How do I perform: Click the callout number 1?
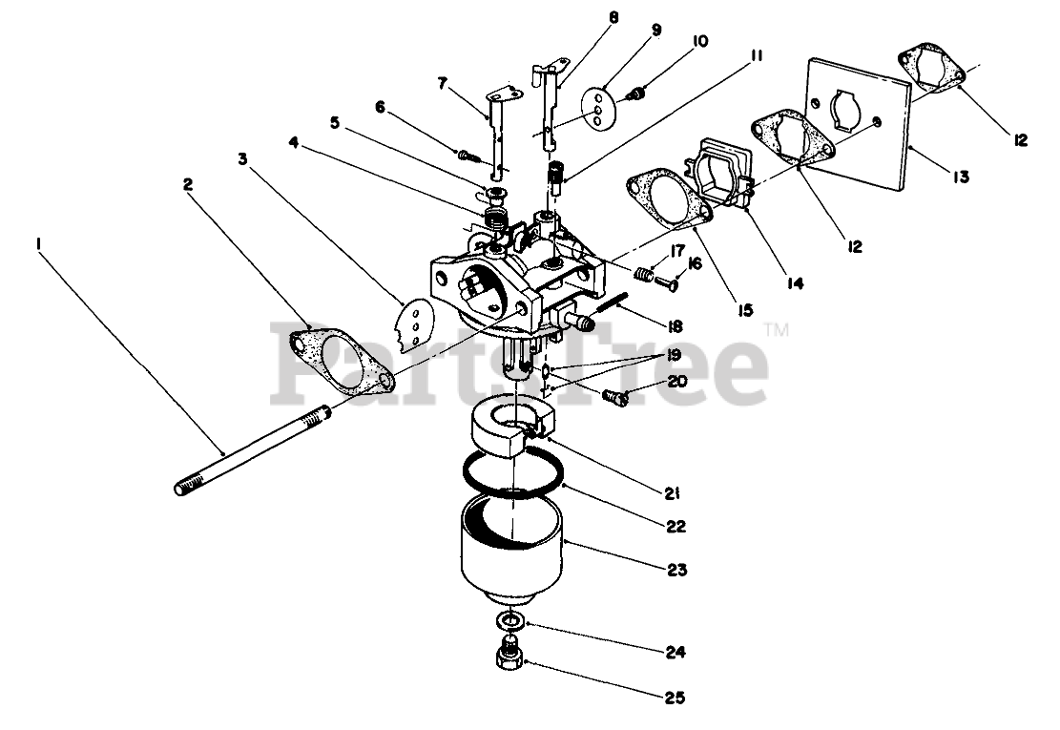click(x=39, y=244)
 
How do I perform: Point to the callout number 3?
click(x=243, y=158)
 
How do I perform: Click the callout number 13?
click(x=960, y=177)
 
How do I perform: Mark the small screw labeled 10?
click(x=639, y=94)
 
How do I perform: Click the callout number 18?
click(x=675, y=325)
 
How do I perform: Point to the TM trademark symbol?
click(x=778, y=331)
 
